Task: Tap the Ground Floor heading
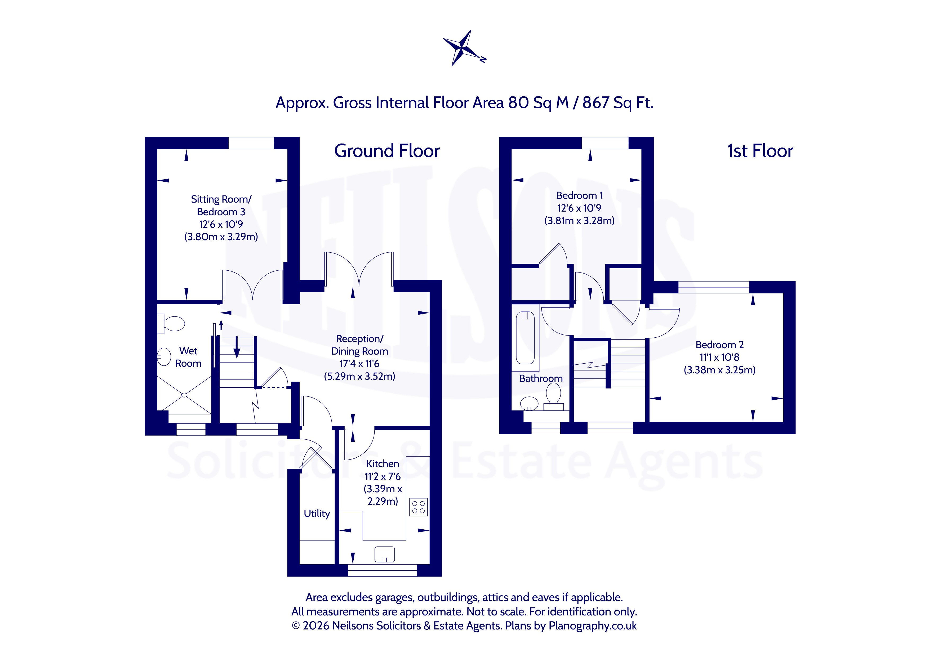387,151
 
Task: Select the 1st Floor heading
760,151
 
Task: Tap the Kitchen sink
384,554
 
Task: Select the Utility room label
317,513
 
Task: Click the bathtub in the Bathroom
526,338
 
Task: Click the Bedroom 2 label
719,345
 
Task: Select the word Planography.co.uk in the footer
593,626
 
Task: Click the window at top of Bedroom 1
605,143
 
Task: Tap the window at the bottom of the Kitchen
382,570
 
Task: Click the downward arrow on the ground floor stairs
237,347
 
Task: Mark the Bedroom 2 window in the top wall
714,287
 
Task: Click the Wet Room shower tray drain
185,395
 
